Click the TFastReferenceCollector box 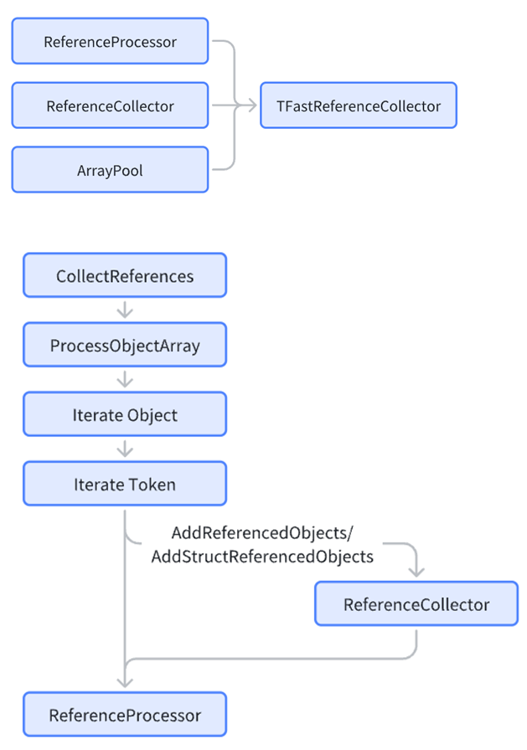(x=359, y=105)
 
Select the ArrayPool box (x=110, y=170)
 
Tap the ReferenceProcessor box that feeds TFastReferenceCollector (x=110, y=41)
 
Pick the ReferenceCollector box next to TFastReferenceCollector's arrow (x=110, y=105)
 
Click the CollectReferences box (x=125, y=275)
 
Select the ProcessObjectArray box (x=125, y=345)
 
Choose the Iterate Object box (x=125, y=414)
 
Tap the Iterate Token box (x=125, y=484)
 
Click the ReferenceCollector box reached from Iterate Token (x=416, y=604)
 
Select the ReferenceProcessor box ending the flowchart (x=125, y=715)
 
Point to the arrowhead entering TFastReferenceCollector (x=253, y=105)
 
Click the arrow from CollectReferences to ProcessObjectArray (x=125, y=310)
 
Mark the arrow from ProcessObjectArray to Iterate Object (x=125, y=379)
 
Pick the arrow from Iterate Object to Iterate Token (x=125, y=448)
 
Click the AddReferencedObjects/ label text (x=262, y=533)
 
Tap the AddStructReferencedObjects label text (x=262, y=557)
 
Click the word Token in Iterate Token (x=152, y=485)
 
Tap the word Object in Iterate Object (x=152, y=415)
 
